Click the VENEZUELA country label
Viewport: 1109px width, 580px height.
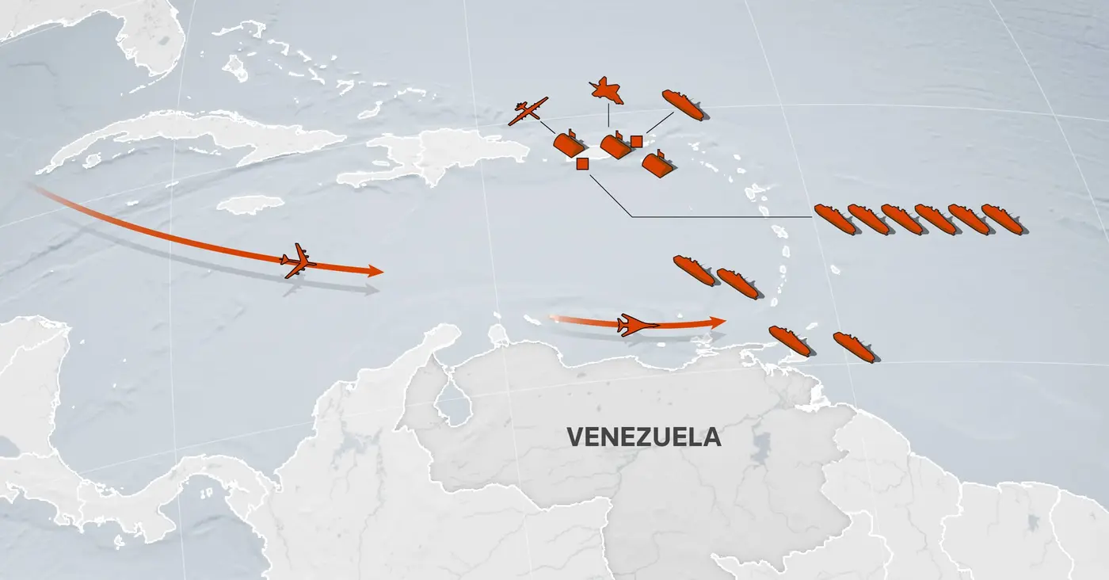(x=644, y=437)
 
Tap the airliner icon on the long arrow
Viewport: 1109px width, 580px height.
(x=298, y=260)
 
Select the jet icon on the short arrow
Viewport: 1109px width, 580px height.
(x=636, y=325)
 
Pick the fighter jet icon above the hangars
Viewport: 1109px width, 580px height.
(x=607, y=91)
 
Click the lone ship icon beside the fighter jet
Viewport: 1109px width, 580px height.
(x=683, y=105)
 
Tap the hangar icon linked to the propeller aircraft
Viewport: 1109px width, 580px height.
(x=569, y=145)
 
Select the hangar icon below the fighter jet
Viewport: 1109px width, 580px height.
(x=615, y=146)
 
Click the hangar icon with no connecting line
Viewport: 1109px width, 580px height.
(x=657, y=164)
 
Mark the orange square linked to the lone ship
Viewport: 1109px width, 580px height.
(x=636, y=141)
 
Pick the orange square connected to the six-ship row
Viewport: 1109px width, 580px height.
(x=582, y=164)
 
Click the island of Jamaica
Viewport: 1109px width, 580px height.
(x=250, y=204)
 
